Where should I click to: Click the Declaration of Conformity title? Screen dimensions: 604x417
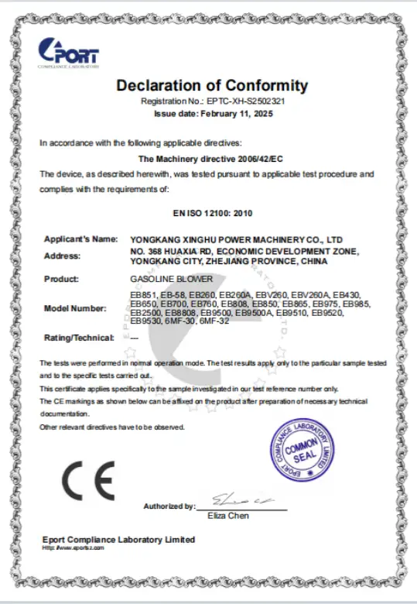[x=212, y=86]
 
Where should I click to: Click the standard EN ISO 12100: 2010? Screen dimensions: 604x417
[x=211, y=211]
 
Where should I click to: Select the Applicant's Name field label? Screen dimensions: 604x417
[x=81, y=239]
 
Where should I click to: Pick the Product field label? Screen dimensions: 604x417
[x=62, y=278]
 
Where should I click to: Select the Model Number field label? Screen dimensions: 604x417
[x=75, y=309]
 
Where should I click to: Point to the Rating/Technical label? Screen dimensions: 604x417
[x=79, y=337]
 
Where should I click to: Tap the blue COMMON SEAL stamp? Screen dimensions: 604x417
[x=302, y=451]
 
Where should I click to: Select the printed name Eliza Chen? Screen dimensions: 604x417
[x=232, y=516]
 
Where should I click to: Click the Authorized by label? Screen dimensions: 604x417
[x=169, y=506]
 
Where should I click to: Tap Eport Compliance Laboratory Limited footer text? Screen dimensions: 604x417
[x=118, y=539]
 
